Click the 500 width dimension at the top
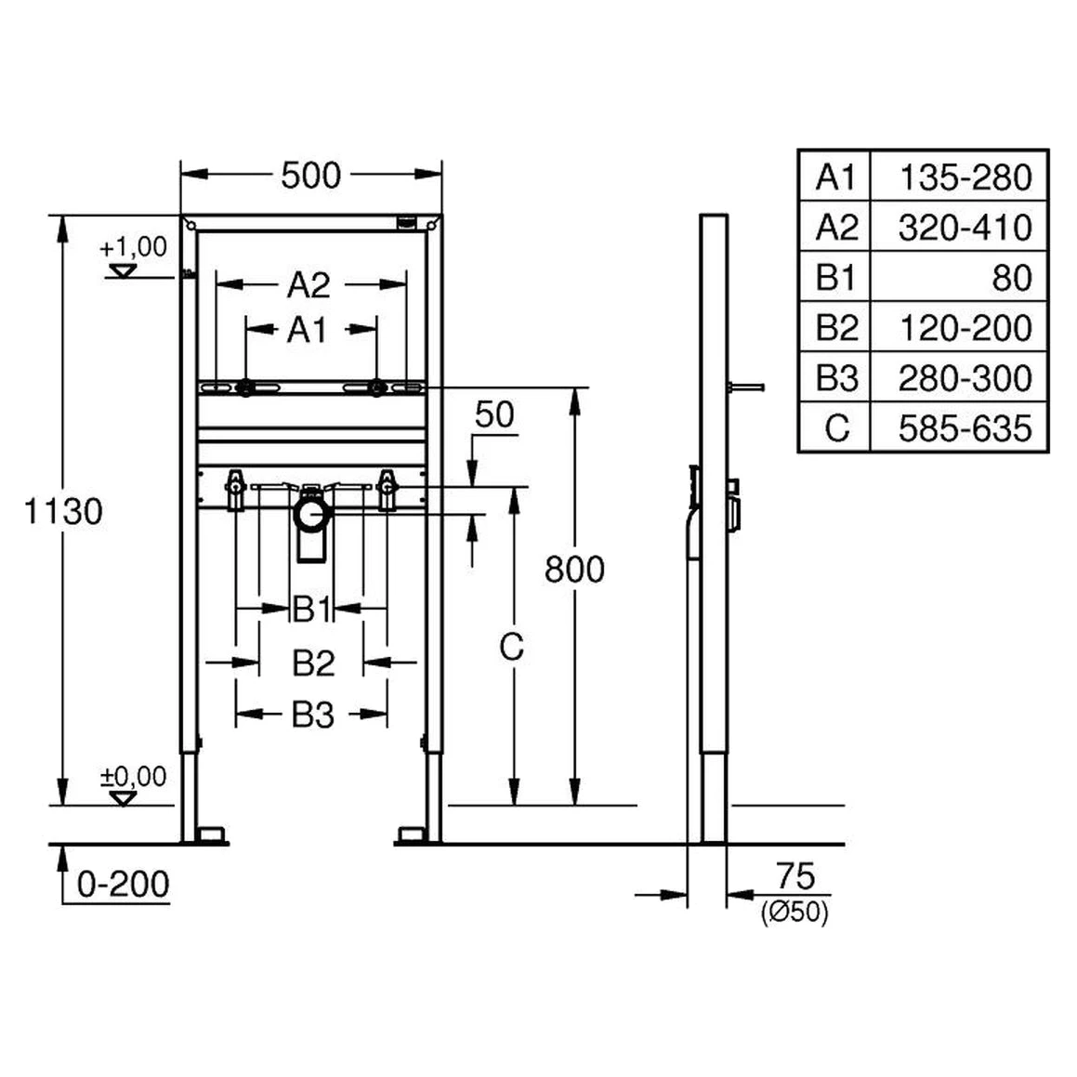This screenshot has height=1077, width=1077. click(310, 175)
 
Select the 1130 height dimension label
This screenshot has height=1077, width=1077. click(63, 511)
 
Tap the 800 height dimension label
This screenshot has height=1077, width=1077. click(574, 570)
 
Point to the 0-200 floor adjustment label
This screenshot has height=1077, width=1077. click(123, 884)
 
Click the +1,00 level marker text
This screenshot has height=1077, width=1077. click(133, 246)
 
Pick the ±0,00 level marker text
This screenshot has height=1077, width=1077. click(133, 776)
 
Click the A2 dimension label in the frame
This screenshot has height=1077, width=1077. click(309, 284)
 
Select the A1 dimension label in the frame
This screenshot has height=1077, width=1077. click(307, 331)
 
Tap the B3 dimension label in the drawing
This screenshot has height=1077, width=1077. click(313, 715)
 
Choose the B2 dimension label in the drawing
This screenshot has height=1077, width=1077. click(314, 663)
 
